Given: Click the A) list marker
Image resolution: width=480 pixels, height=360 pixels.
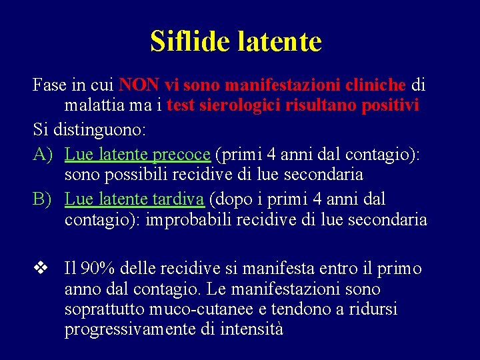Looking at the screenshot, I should (45, 155).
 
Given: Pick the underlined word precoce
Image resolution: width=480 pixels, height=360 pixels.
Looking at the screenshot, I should (181, 155).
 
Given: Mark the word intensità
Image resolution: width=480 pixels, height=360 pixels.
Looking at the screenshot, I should (251, 329).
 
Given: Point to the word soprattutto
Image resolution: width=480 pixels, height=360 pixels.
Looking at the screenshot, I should (105, 309).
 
